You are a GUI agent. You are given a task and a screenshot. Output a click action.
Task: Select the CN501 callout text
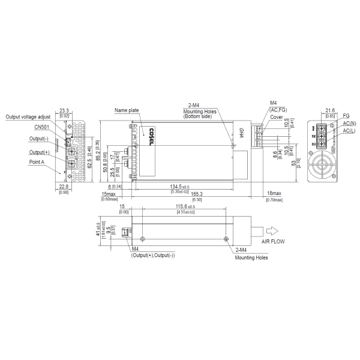tap(42, 127)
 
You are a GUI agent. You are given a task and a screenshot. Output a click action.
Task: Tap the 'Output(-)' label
tap(39, 139)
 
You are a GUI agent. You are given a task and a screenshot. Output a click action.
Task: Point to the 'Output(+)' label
tap(39, 152)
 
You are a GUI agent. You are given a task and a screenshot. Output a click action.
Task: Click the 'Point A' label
tap(37, 161)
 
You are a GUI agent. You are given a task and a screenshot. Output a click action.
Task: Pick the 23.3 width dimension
tap(65, 111)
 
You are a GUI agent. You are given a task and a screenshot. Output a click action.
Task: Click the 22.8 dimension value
tap(64, 187)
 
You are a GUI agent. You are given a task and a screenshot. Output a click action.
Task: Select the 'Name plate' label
tap(127, 110)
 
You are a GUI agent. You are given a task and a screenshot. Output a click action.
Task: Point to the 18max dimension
tap(273, 194)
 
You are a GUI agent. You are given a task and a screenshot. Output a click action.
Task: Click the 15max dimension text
tap(109, 194)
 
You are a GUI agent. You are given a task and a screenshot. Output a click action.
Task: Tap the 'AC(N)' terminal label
tap(349, 123)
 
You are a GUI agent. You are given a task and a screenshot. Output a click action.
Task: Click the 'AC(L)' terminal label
tap(349, 130)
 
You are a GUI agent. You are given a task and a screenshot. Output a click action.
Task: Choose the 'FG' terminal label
tap(346, 116)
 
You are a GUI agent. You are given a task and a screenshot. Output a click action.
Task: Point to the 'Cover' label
tap(277, 118)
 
